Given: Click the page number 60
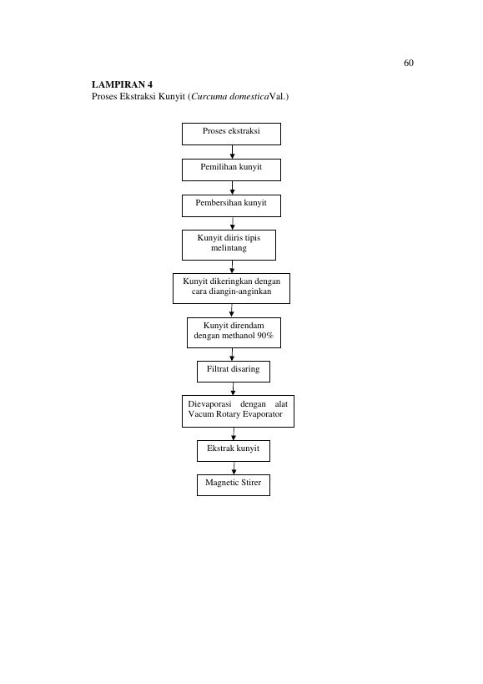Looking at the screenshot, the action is tap(409, 63).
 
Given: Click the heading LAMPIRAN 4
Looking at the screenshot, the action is tap(122, 84).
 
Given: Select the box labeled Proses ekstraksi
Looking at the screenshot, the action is tap(231, 134).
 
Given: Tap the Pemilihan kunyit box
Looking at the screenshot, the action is tap(231, 170).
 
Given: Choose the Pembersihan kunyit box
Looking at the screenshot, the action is tap(231, 205).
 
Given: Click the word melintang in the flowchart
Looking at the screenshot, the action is tap(229, 248).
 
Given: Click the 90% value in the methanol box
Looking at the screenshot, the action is tap(265, 336).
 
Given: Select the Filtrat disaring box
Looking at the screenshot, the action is tap(234, 372).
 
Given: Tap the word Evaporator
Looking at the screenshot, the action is tap(262, 414).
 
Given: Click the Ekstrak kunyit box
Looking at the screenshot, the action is tap(234, 451).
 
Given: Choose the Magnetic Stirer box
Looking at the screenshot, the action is tap(234, 485).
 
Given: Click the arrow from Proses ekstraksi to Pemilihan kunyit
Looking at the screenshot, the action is tap(232, 152).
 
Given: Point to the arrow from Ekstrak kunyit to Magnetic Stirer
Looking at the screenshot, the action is tap(234, 468).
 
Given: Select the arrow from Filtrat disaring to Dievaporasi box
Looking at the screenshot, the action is tap(233, 388).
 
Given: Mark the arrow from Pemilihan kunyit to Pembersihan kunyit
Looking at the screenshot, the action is tap(232, 188).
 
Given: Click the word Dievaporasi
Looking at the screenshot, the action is tap(209, 404).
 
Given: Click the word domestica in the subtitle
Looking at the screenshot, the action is tap(249, 96).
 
